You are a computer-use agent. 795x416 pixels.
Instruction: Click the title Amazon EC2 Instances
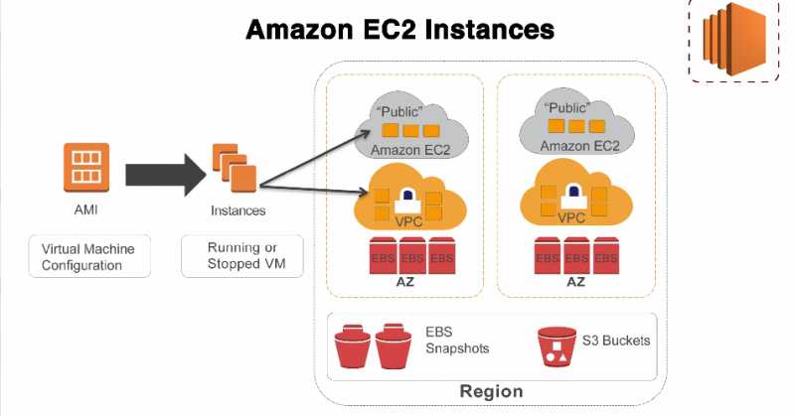[398, 30]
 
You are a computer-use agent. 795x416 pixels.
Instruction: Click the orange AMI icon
[85, 166]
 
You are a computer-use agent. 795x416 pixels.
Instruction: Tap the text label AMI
[85, 210]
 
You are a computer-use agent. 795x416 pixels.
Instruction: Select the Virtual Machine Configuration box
[87, 256]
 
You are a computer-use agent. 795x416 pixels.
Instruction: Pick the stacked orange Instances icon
[235, 167]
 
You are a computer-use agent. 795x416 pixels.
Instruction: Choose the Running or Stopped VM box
[241, 256]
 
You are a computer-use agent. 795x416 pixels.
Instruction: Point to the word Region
[491, 390]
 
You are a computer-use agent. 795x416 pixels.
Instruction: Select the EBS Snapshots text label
[457, 341]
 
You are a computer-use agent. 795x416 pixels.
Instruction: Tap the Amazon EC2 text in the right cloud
[580, 146]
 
